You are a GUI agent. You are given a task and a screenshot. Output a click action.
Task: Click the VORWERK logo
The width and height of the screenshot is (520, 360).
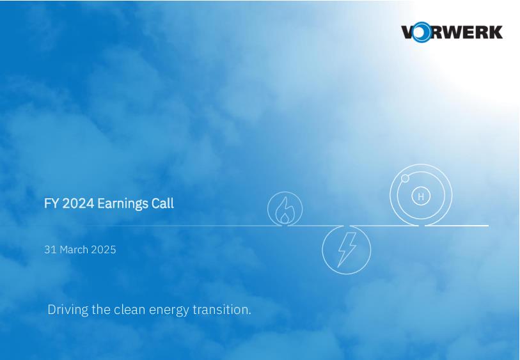[452, 32]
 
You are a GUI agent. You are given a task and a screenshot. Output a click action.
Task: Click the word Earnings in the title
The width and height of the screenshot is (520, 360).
[123, 203]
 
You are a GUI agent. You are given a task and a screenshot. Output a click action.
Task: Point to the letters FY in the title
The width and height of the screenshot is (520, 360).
[51, 203]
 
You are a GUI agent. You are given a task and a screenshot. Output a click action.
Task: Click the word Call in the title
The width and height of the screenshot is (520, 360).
[163, 203]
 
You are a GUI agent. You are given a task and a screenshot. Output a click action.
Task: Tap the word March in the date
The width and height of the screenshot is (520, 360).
[74, 249]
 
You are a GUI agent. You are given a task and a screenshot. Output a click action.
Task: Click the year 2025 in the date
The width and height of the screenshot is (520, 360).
[104, 249]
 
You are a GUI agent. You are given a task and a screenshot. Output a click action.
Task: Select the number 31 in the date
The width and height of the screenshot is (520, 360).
[51, 249]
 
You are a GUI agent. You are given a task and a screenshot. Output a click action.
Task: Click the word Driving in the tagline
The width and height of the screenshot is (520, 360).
[68, 310]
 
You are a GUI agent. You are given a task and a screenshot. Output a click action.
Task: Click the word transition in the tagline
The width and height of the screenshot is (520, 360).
[220, 309]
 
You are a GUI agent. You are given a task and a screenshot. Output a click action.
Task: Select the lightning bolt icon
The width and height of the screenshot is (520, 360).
[347, 249]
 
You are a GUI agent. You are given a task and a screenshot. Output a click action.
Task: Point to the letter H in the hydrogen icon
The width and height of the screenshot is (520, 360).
[421, 196]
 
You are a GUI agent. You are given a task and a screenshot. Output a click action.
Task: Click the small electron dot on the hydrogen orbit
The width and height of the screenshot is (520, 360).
[405, 178]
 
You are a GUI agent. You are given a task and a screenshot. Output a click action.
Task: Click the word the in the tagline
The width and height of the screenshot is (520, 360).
[101, 309]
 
